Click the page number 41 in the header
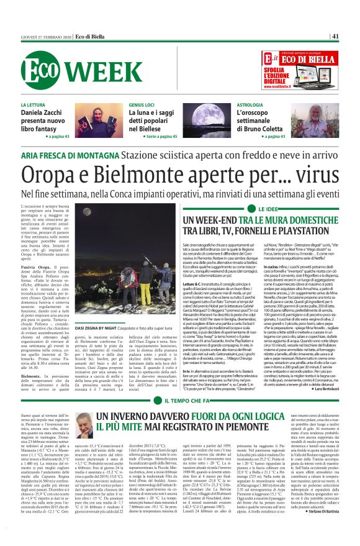335,36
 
